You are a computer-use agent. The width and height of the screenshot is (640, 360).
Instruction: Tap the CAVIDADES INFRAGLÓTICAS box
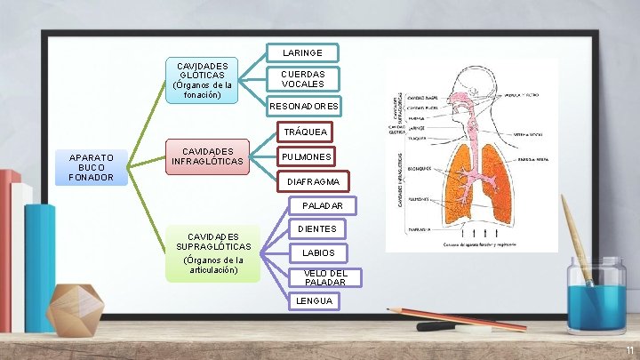(206, 156)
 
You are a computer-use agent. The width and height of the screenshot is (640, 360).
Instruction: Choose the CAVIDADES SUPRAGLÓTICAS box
(213, 253)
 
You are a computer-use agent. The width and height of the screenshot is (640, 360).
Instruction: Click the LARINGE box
(302, 53)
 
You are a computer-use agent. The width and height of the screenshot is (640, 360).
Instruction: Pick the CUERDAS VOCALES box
(303, 79)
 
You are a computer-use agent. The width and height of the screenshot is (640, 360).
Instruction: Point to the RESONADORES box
(304, 107)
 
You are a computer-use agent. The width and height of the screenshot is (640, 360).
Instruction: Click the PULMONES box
(306, 157)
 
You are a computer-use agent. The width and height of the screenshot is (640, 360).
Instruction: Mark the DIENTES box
(317, 229)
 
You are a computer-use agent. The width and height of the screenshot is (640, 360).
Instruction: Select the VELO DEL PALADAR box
(324, 277)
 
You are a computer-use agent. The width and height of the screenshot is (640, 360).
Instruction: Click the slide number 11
(628, 351)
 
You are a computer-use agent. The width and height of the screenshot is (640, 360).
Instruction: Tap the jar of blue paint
(595, 297)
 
